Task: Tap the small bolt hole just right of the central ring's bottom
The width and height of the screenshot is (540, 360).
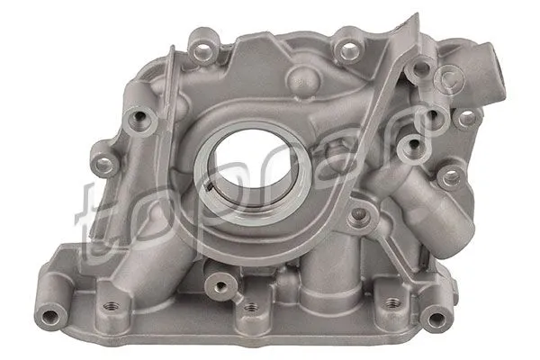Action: (x=363, y=214)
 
